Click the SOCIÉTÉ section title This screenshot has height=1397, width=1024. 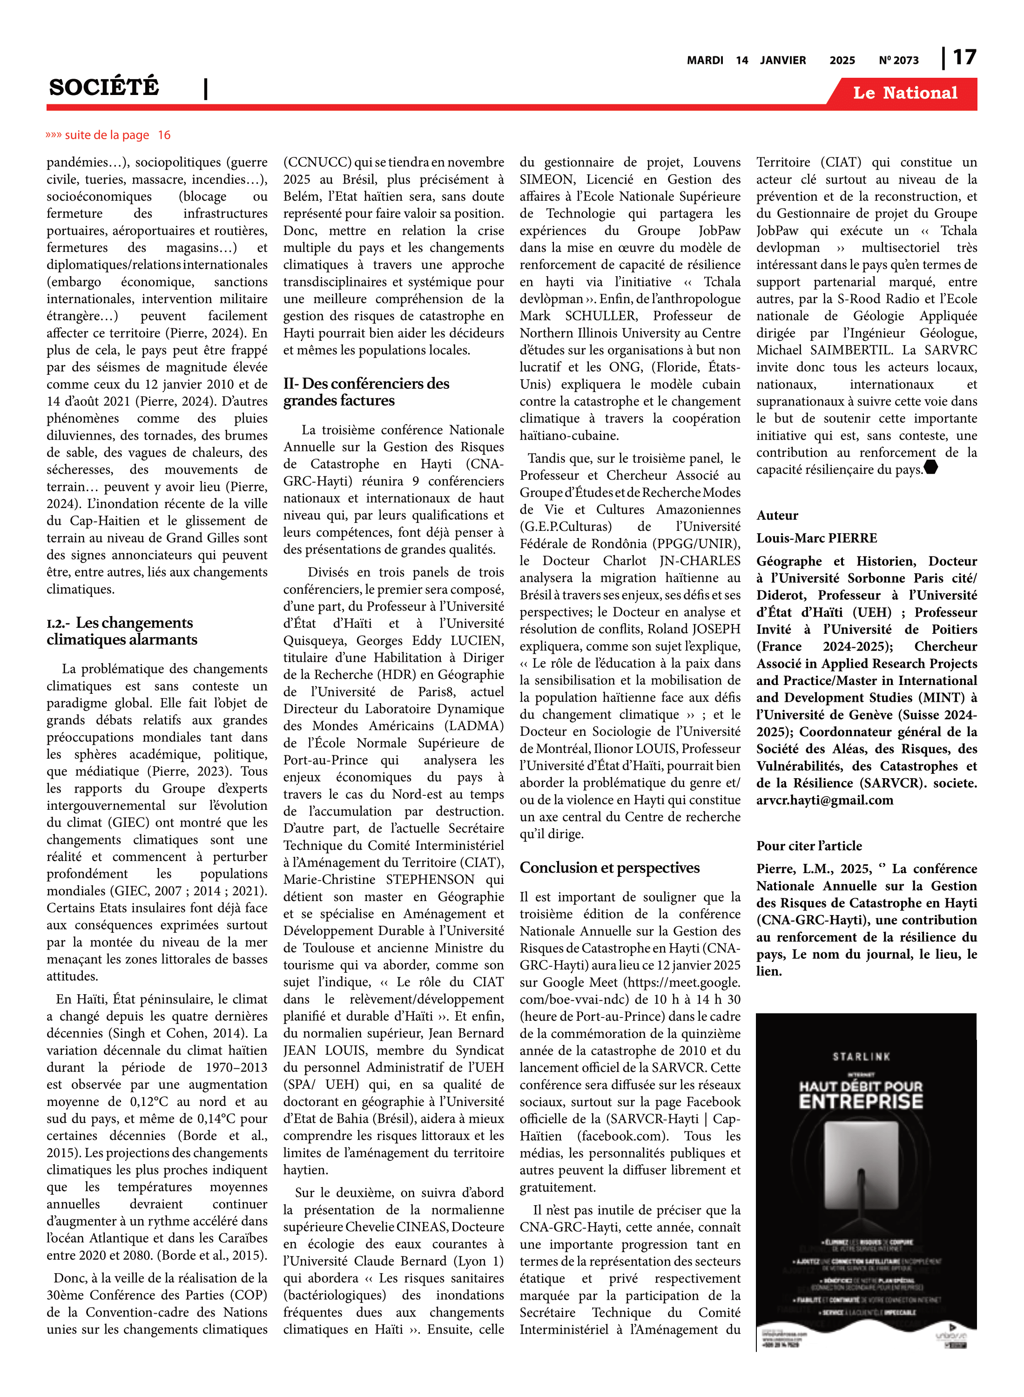coord(104,88)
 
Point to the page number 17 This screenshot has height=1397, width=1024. coord(964,58)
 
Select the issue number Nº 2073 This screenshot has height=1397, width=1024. coord(898,60)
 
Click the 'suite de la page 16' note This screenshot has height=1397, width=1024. coord(108,135)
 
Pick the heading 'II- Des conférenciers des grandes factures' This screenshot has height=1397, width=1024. coord(366,392)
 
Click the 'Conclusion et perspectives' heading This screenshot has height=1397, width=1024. coord(609,868)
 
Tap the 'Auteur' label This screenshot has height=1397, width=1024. coord(777,515)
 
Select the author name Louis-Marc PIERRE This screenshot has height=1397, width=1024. coord(816,538)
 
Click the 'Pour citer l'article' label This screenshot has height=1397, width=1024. coord(809,846)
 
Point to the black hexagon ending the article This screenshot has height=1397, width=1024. coord(931,468)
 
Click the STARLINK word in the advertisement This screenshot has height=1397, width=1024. coord(861,1057)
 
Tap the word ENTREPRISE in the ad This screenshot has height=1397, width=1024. coord(861,1102)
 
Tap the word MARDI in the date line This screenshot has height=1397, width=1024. coord(705,60)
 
